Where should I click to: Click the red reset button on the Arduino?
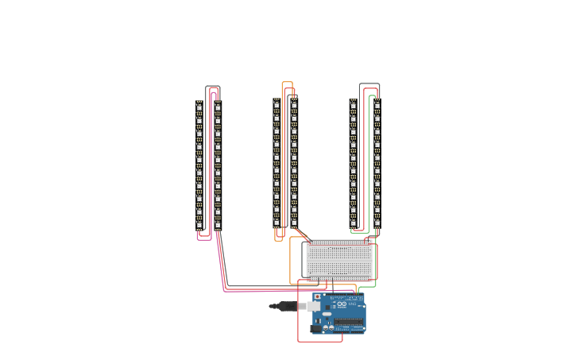coord(318,296)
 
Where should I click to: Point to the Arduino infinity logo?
coord(342,304)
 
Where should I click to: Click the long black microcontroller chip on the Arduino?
coord(348,322)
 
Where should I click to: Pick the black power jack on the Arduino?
coord(315,327)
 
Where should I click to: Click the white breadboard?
coord(339,259)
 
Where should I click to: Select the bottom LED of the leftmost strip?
coord(199,224)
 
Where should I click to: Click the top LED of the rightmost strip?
coord(377,105)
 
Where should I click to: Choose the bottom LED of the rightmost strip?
coord(377,223)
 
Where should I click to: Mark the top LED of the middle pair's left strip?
coord(276,105)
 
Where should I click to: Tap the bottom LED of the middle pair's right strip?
coord(294,223)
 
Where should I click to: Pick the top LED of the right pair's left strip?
coord(353,105)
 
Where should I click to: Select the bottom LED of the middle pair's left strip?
coord(276,223)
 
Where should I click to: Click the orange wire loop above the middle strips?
coord(287,82)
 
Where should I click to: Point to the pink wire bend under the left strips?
coord(204,239)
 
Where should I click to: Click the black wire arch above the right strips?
coord(369,83)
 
